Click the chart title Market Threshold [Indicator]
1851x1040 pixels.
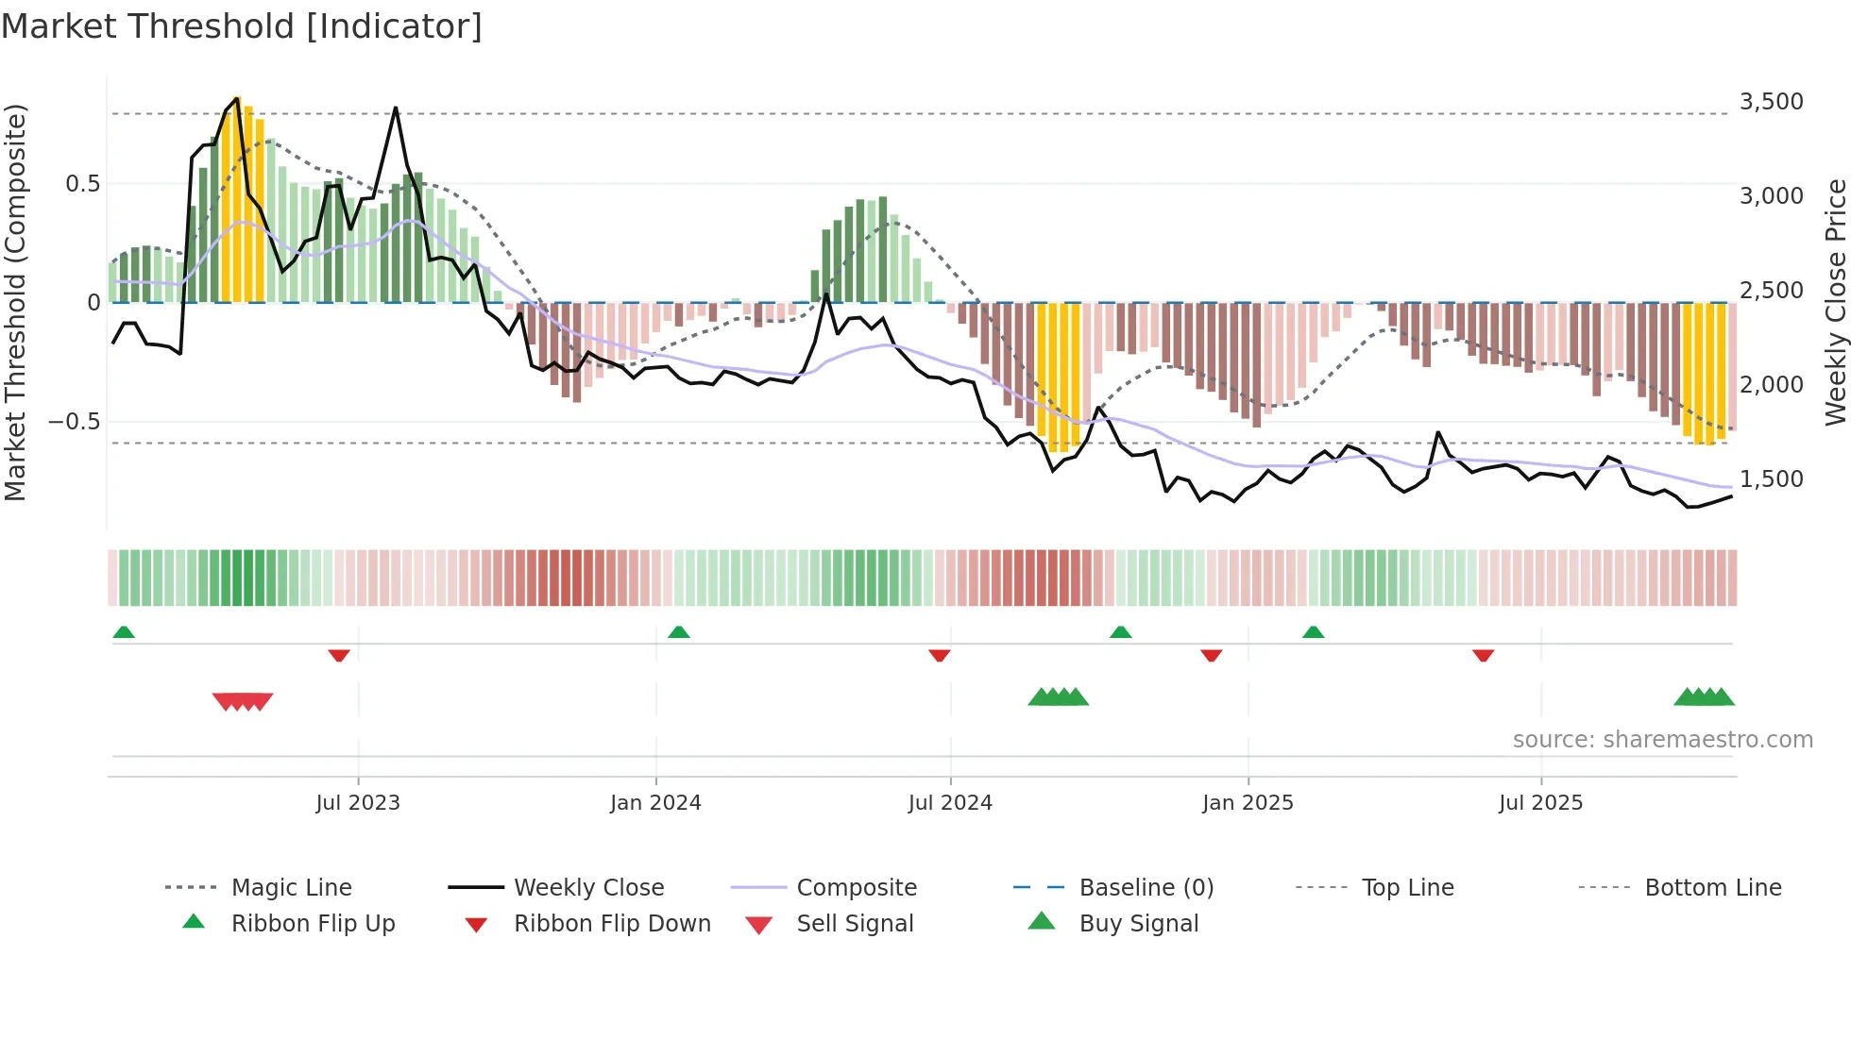242,26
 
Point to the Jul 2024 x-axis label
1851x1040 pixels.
950,802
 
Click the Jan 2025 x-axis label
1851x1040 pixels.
1248,802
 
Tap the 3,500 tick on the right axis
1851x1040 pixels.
1771,101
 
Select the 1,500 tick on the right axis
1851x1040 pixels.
1771,478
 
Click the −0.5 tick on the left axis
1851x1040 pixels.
74,421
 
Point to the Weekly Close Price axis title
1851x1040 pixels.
1835,302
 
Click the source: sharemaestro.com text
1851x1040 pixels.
1662,739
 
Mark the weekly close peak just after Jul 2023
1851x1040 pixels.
396,109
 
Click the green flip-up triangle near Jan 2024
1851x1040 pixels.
678,631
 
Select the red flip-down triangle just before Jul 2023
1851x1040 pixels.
339,655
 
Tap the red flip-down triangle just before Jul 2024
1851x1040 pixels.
939,655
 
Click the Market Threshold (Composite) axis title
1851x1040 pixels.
15,302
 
